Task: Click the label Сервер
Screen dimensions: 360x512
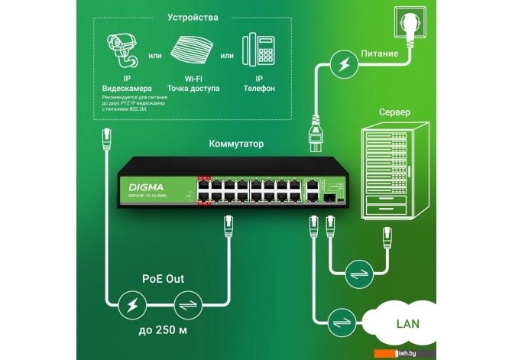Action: coord(394,112)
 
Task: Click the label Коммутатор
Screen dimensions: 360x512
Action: coord(236,143)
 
